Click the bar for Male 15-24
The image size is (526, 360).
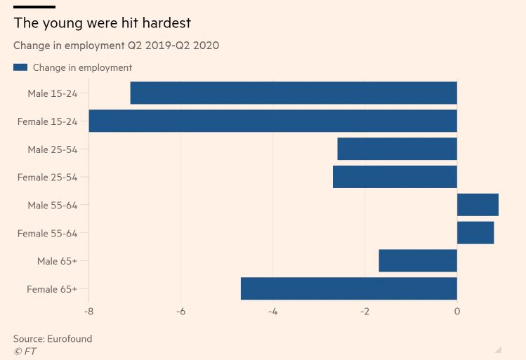coord(294,93)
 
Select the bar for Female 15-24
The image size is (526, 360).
coord(272,121)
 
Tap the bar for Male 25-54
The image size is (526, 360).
coord(397,149)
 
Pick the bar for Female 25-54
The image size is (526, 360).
coord(395,177)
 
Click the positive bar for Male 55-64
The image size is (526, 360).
coord(478,205)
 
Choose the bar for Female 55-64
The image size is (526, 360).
coord(475,233)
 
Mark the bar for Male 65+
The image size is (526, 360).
coord(418,261)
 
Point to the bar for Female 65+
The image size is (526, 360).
coord(349,288)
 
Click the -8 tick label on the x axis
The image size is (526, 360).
coord(88,312)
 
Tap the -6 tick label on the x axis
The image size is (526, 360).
coord(180,312)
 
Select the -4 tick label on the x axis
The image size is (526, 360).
coord(272,312)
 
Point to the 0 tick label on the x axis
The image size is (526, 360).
coord(457,312)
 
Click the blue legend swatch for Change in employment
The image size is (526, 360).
coord(20,67)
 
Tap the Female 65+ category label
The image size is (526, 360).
coord(52,289)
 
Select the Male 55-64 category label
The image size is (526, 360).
coord(53,206)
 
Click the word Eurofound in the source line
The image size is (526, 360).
coord(70,338)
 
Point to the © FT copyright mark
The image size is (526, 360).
coord(25,351)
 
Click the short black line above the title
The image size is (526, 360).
coord(34,7)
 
